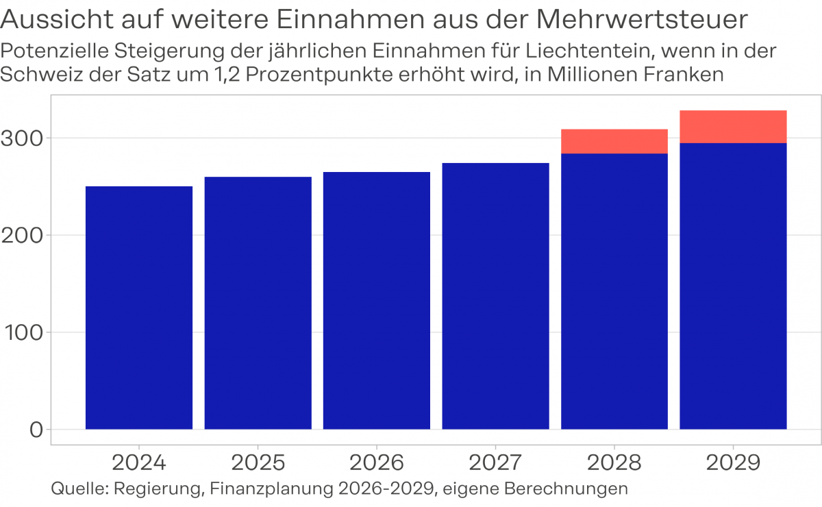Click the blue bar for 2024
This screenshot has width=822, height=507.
(139, 308)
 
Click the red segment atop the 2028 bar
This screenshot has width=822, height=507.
(614, 141)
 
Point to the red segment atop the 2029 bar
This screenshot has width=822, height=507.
(733, 127)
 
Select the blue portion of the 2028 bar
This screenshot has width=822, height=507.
(614, 291)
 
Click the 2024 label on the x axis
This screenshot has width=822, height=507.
(139, 463)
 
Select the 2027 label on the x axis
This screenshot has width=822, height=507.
(495, 463)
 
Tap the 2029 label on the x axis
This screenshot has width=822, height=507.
(733, 463)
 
